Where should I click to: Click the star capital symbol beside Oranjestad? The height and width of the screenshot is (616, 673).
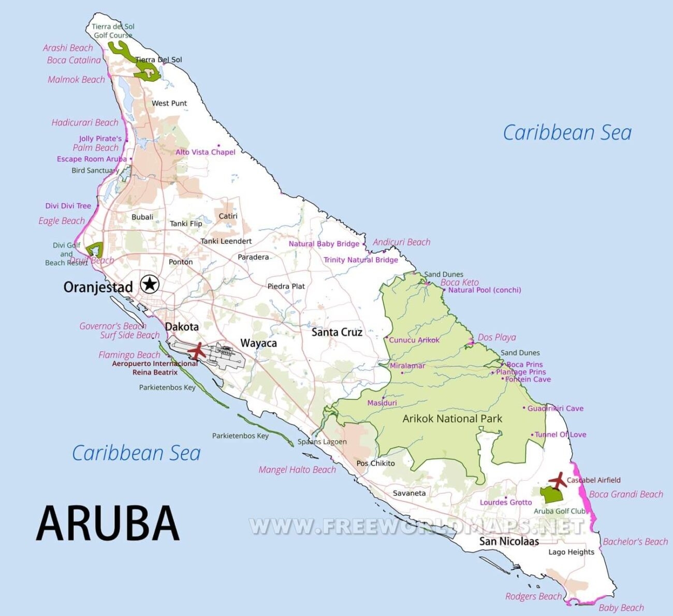click(x=150, y=284)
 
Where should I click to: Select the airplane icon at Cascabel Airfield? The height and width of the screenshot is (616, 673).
click(x=558, y=480)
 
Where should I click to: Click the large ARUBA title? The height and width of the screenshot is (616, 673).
click(x=108, y=523)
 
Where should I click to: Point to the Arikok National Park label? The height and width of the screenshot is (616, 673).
click(x=452, y=419)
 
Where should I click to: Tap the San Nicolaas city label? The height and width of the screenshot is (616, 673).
click(x=508, y=541)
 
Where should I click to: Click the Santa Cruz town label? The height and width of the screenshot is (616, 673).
click(x=336, y=332)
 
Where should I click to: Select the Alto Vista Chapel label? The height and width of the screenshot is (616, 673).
click(x=205, y=152)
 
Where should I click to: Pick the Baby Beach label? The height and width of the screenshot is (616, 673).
click(x=621, y=608)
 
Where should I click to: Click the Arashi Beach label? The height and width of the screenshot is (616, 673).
click(x=68, y=48)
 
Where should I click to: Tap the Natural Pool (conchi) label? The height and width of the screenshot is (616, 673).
click(x=484, y=290)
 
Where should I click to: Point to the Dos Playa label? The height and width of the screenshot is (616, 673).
click(x=496, y=337)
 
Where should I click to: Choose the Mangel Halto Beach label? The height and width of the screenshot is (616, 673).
click(x=297, y=470)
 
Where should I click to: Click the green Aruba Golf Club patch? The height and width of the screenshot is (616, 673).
click(x=552, y=494)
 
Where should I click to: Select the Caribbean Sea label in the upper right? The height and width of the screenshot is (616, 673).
click(x=567, y=133)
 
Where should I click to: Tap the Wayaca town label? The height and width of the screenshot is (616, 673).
click(x=258, y=343)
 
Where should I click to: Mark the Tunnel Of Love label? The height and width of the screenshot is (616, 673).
click(x=560, y=435)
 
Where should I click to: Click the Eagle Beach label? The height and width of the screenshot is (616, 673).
click(x=61, y=221)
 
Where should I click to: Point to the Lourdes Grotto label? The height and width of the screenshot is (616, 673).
click(x=505, y=503)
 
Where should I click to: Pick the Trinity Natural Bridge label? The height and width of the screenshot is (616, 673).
click(x=361, y=260)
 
